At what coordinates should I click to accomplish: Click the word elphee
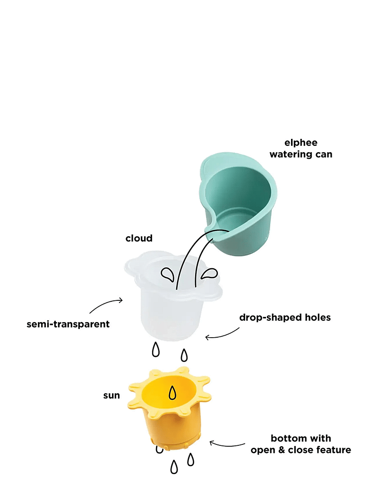[301, 143]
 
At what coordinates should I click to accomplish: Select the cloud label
[139, 238]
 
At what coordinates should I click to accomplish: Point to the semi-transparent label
[69, 324]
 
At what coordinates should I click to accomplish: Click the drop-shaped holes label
[285, 317]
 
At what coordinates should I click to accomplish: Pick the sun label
[112, 395]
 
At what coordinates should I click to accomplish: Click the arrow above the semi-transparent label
[106, 305]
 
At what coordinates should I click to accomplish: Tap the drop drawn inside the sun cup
[172, 392]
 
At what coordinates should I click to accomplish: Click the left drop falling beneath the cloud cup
[155, 350]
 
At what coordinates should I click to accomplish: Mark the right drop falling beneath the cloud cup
[184, 355]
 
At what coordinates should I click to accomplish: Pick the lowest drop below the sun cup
[174, 467]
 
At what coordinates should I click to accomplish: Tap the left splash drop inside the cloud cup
[167, 274]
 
